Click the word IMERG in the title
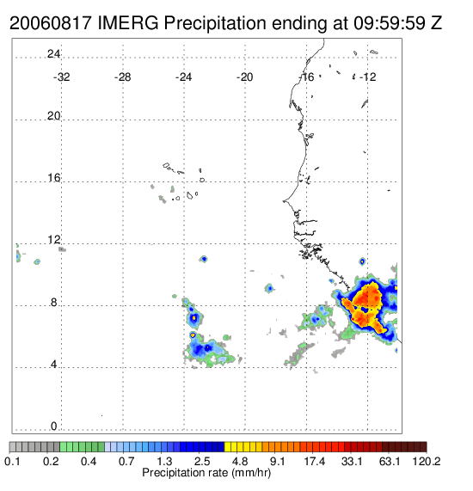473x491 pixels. tap(128, 23)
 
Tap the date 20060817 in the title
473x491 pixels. tap(51, 23)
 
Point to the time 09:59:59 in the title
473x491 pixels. tap(390, 23)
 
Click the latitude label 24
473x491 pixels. tap(53, 54)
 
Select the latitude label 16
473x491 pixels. tap(53, 178)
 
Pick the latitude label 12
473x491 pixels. tap(53, 240)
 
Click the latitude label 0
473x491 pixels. tap(54, 427)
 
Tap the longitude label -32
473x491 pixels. tap(61, 77)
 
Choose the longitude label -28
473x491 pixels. tap(122, 77)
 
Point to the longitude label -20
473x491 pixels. tap(244, 77)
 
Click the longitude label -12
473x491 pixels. tap(368, 77)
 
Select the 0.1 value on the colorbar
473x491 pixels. tap(13, 461)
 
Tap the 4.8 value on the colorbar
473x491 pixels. tap(240, 461)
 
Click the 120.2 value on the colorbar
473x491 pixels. tap(427, 461)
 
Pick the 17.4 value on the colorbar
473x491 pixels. tap(315, 461)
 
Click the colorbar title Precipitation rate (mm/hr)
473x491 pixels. tap(206, 473)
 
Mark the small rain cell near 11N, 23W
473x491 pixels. tap(204, 259)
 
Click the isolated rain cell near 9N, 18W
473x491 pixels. tap(269, 288)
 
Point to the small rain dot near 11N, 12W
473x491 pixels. tap(362, 261)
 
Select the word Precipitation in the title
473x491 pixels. tap(215, 23)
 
